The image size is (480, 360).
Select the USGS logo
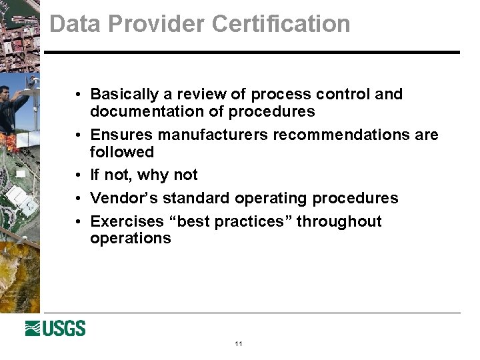pyautogui.click(x=55, y=328)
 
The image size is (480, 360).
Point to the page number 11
pyautogui.click(x=239, y=344)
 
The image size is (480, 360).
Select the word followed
pyautogui.click(x=122, y=152)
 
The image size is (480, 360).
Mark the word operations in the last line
pyautogui.click(x=131, y=239)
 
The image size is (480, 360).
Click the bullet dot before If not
pyautogui.click(x=78, y=175)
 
